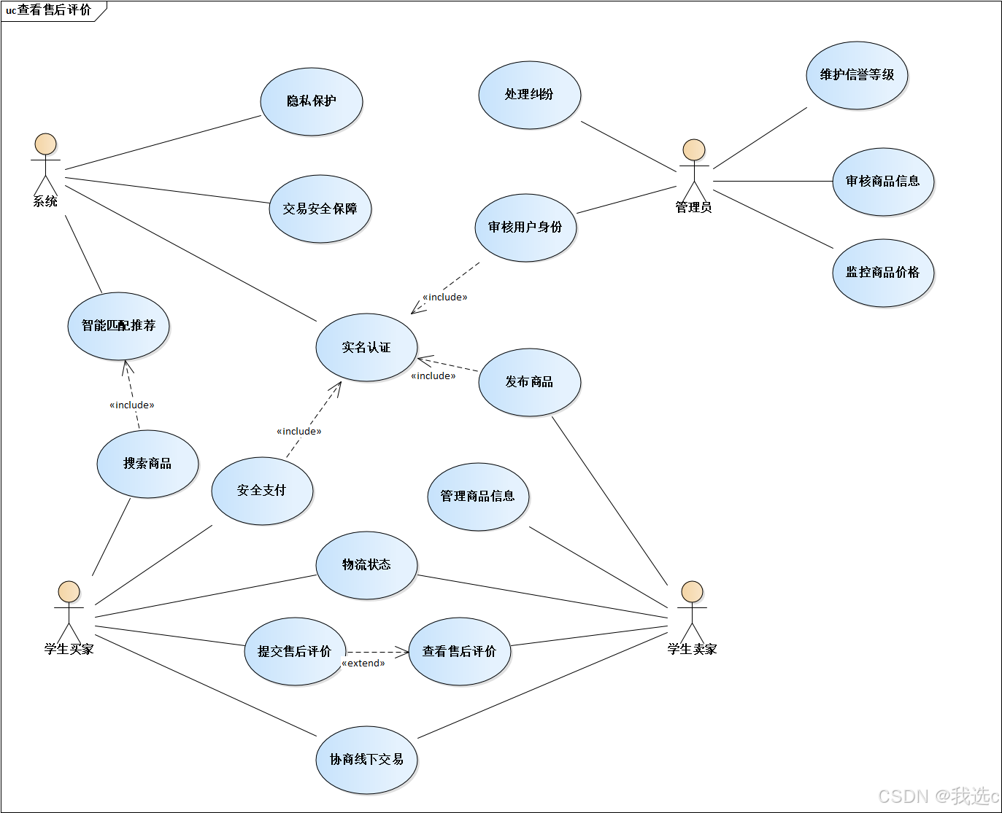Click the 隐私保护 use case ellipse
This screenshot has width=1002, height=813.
[x=312, y=101]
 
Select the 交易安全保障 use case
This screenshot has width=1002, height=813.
[x=320, y=209]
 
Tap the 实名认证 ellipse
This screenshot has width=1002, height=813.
[x=366, y=348]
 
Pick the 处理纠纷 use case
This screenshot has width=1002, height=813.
[x=529, y=95]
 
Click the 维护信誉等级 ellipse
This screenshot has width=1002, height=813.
[x=857, y=75]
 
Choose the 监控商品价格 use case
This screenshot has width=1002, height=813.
[x=883, y=273]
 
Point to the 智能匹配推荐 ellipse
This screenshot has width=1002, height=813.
[x=118, y=326]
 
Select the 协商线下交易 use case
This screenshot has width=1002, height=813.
[x=366, y=760]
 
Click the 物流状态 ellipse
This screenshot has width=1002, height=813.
[x=366, y=565]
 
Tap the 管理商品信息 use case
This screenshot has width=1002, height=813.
[x=478, y=497]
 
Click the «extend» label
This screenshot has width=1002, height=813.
[x=363, y=664]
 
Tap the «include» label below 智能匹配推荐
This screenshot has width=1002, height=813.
[x=132, y=405]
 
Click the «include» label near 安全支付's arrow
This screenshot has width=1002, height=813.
[x=299, y=432]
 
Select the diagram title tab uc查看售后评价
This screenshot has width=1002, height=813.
[x=50, y=10]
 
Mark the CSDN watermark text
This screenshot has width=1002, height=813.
[x=938, y=796]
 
